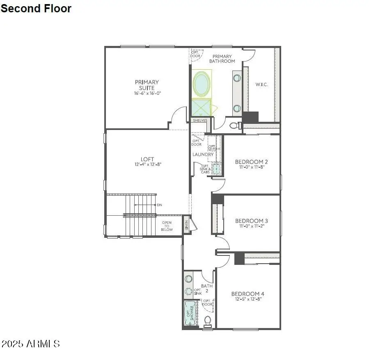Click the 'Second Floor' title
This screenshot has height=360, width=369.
36,9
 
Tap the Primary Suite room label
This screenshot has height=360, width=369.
147,85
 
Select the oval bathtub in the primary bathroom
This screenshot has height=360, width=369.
201,84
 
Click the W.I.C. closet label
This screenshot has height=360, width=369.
261,84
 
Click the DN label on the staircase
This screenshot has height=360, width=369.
159,205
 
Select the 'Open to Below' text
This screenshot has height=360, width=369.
167,226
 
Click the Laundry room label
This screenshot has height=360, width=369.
204,155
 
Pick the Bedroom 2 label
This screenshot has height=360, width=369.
252,162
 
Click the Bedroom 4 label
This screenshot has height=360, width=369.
248,294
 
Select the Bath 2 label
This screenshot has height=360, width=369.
207,288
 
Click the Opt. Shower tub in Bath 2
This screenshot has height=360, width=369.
189,314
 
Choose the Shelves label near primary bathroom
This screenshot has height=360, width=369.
200,121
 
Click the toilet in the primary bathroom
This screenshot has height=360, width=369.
234,125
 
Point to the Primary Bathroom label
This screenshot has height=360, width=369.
222,59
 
